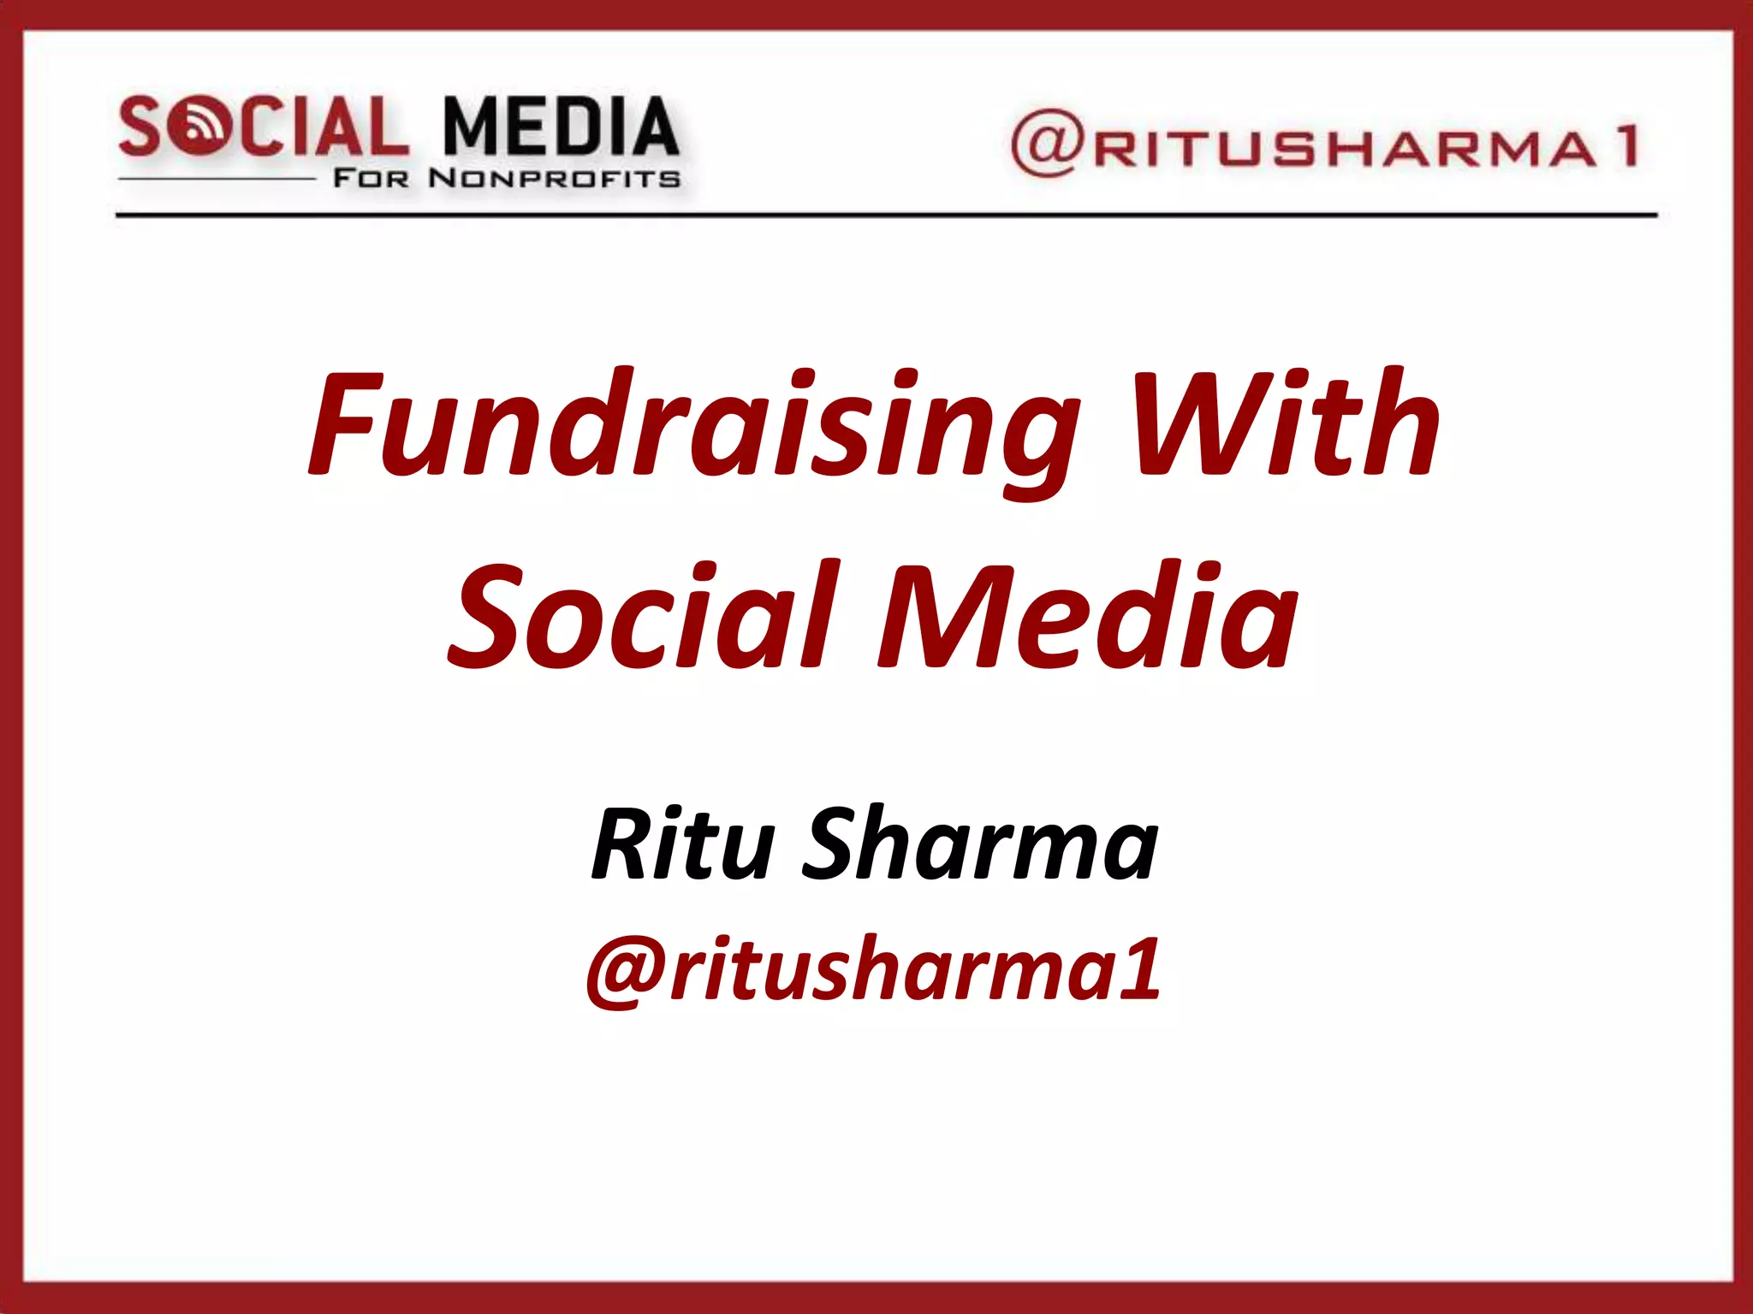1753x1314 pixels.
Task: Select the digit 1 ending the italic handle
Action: pyautogui.click(x=1140, y=968)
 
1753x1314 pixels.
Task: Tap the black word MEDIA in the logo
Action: pyautogui.click(x=561, y=127)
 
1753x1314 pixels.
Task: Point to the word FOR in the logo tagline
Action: pyautogui.click(x=371, y=179)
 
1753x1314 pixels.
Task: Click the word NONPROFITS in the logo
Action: pyautogui.click(x=555, y=179)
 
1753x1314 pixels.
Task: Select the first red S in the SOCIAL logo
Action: pyautogui.click(x=141, y=127)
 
